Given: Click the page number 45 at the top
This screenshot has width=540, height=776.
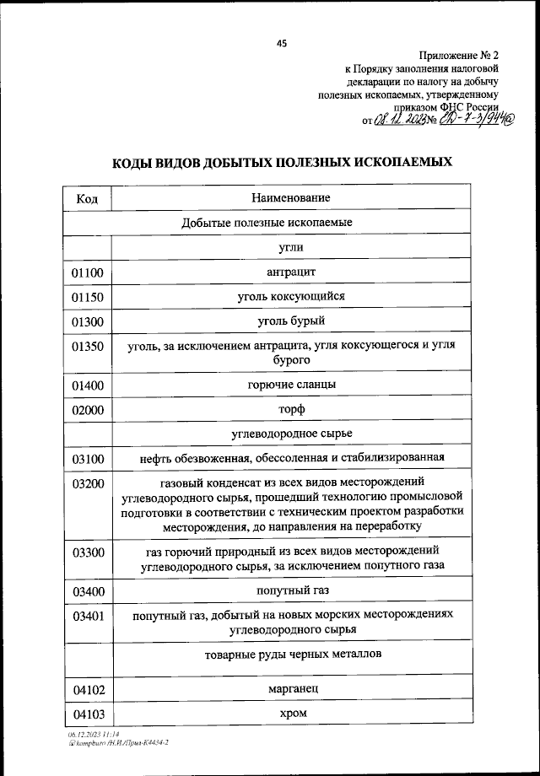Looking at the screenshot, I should pos(281,44).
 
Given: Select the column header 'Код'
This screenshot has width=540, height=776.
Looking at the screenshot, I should pos(87,198).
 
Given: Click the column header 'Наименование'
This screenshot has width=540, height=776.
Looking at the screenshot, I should pos(290,197).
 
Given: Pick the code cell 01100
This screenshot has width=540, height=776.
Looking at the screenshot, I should pos(87,272).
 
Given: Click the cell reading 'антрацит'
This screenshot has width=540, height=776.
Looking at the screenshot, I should pos(290,272).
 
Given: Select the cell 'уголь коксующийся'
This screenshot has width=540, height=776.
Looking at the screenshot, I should pos(290,296).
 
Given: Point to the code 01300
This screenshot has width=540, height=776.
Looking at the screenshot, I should pos(87,322).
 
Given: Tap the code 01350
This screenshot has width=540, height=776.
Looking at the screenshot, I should pos(87,347).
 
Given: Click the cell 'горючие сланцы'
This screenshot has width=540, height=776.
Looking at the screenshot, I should pos(290,384).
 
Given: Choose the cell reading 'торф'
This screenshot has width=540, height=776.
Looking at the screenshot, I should pos(290,409).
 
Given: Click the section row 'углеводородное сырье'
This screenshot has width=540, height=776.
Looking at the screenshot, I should pos(290,434).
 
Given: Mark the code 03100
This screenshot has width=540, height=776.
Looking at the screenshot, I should pos(87,460).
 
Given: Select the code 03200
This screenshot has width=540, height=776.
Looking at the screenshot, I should pos(87,485).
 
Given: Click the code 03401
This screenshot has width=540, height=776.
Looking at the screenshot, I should pos(87,616).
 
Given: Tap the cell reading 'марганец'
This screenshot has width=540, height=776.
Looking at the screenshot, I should pos(290,689).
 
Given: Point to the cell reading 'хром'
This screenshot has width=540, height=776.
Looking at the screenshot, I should pos(290,714).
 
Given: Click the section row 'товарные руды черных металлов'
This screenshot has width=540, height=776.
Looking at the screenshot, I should pos(290,655).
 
